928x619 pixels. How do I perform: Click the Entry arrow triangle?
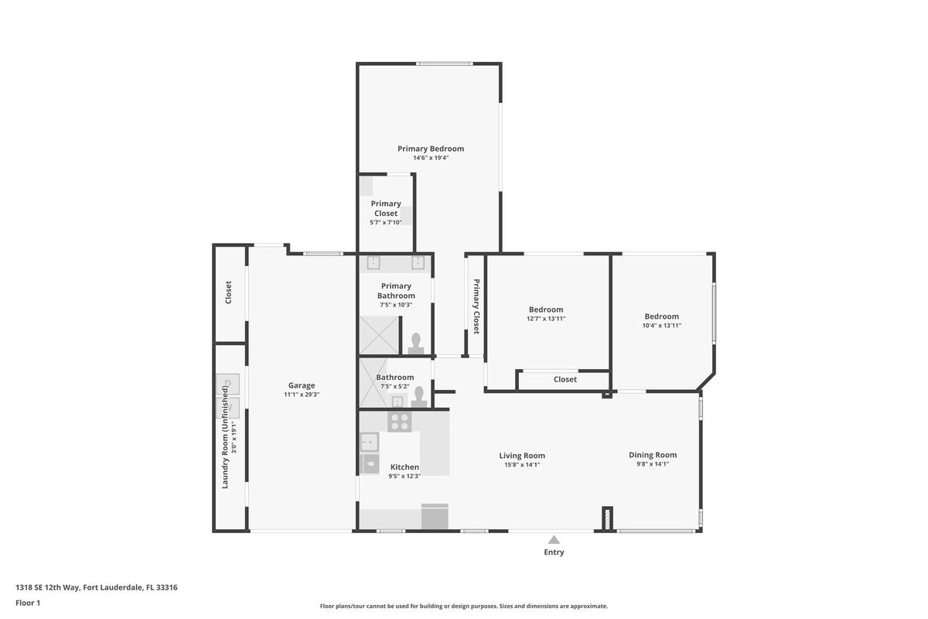(x=554, y=540)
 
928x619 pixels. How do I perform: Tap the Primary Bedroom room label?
(x=431, y=149)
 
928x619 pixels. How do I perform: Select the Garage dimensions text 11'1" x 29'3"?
(x=302, y=395)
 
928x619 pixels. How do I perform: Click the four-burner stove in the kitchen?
(x=399, y=421)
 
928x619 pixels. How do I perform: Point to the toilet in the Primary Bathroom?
(x=416, y=344)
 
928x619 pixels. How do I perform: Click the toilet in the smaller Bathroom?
(x=419, y=397)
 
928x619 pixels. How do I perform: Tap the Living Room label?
(x=522, y=456)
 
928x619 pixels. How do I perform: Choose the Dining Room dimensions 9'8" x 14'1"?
(x=653, y=464)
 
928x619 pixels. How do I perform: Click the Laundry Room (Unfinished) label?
(x=225, y=437)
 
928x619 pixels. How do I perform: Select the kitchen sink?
(x=369, y=442)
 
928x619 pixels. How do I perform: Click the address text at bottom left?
(x=97, y=587)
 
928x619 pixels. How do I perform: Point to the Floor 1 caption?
(x=28, y=603)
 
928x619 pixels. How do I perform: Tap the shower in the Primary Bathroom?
(x=379, y=335)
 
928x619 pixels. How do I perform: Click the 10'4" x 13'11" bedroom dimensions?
(x=662, y=326)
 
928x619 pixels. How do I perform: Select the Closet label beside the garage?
(x=228, y=292)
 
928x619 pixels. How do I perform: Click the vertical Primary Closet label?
(x=476, y=306)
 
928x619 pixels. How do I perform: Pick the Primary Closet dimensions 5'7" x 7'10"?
(x=386, y=222)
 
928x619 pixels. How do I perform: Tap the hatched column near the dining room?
(x=607, y=518)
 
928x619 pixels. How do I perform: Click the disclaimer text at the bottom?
(x=463, y=606)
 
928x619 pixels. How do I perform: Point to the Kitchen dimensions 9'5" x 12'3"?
(x=404, y=476)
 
